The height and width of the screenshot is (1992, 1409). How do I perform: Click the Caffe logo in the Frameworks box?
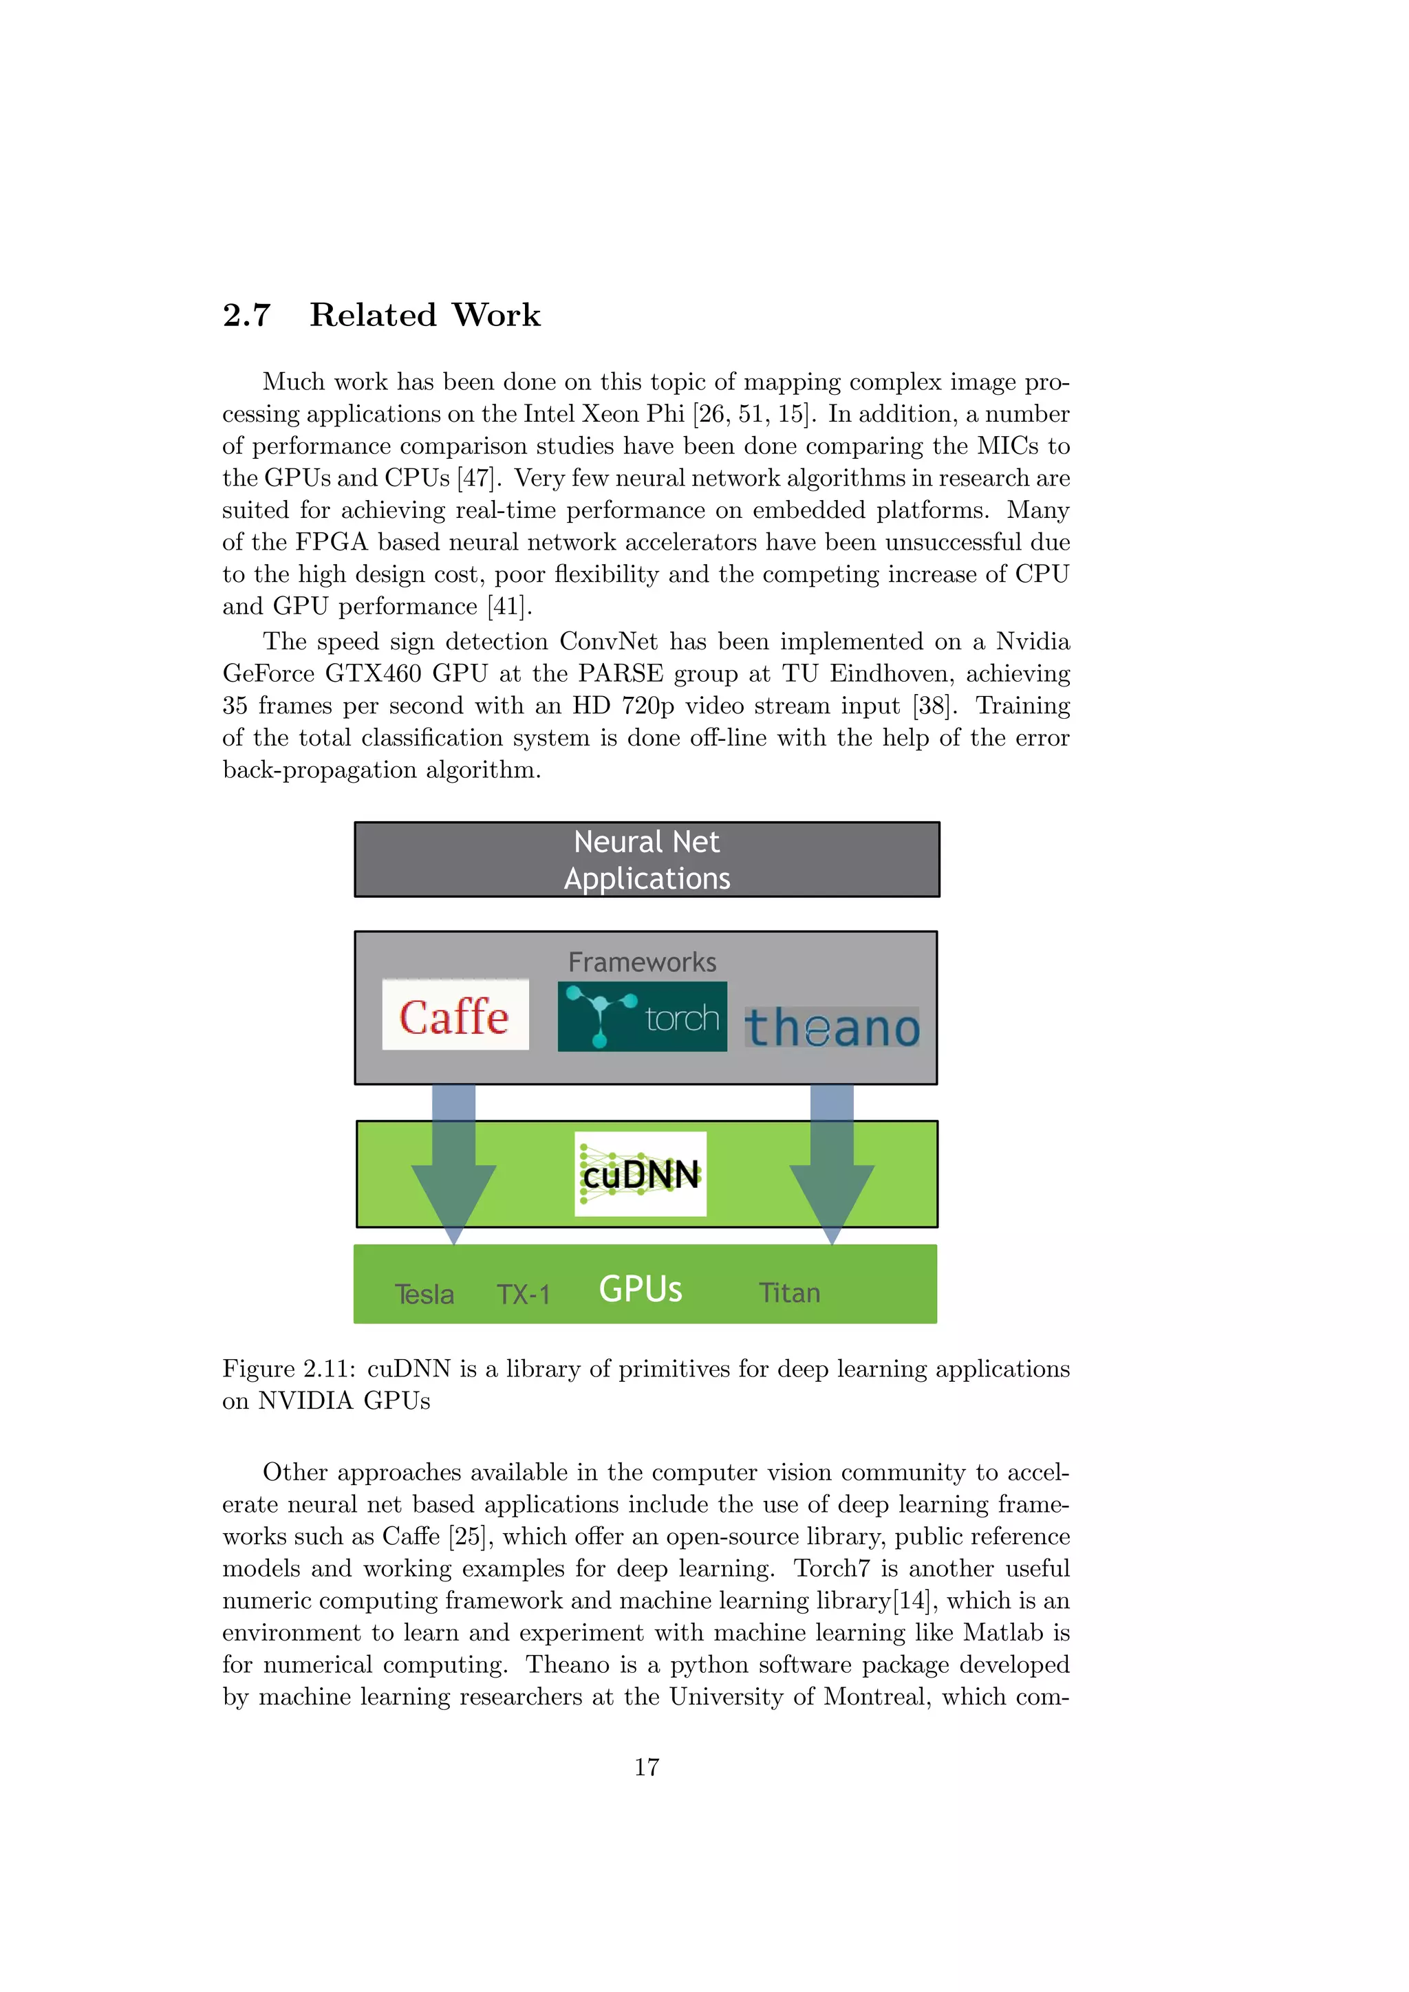(455, 1015)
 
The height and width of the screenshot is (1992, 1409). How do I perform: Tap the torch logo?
(642, 1017)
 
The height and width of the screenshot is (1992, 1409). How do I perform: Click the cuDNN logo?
(641, 1174)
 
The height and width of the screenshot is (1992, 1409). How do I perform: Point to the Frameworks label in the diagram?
(642, 962)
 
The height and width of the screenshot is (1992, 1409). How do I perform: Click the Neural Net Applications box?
(647, 860)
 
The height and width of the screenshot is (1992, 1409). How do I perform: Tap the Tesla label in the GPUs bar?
(424, 1295)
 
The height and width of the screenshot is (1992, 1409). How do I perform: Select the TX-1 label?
(523, 1295)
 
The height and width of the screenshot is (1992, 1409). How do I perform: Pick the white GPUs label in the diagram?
(641, 1289)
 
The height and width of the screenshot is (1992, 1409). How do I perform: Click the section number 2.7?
(247, 315)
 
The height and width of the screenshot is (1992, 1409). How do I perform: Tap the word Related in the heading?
(373, 315)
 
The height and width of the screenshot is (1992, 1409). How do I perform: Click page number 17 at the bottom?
(647, 1767)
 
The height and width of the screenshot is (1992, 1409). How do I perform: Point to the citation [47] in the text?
(475, 478)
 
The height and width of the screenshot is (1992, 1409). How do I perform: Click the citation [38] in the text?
(934, 705)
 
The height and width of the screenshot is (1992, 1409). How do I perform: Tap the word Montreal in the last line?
(874, 1696)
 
